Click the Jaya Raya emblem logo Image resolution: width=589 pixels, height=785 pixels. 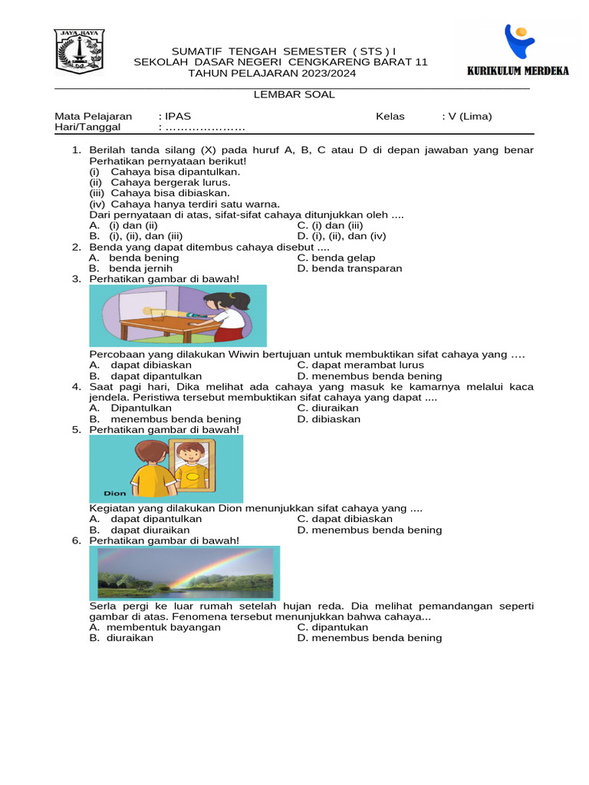(79, 52)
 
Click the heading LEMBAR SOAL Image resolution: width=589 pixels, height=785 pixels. (294, 95)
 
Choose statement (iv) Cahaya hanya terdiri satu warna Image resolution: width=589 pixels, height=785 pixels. (184, 204)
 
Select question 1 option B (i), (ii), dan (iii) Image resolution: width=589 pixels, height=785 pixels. (136, 236)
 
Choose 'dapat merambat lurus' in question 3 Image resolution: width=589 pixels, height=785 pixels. (360, 365)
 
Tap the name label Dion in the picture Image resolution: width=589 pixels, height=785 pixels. (115, 494)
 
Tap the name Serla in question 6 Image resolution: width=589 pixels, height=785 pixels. (104, 606)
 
